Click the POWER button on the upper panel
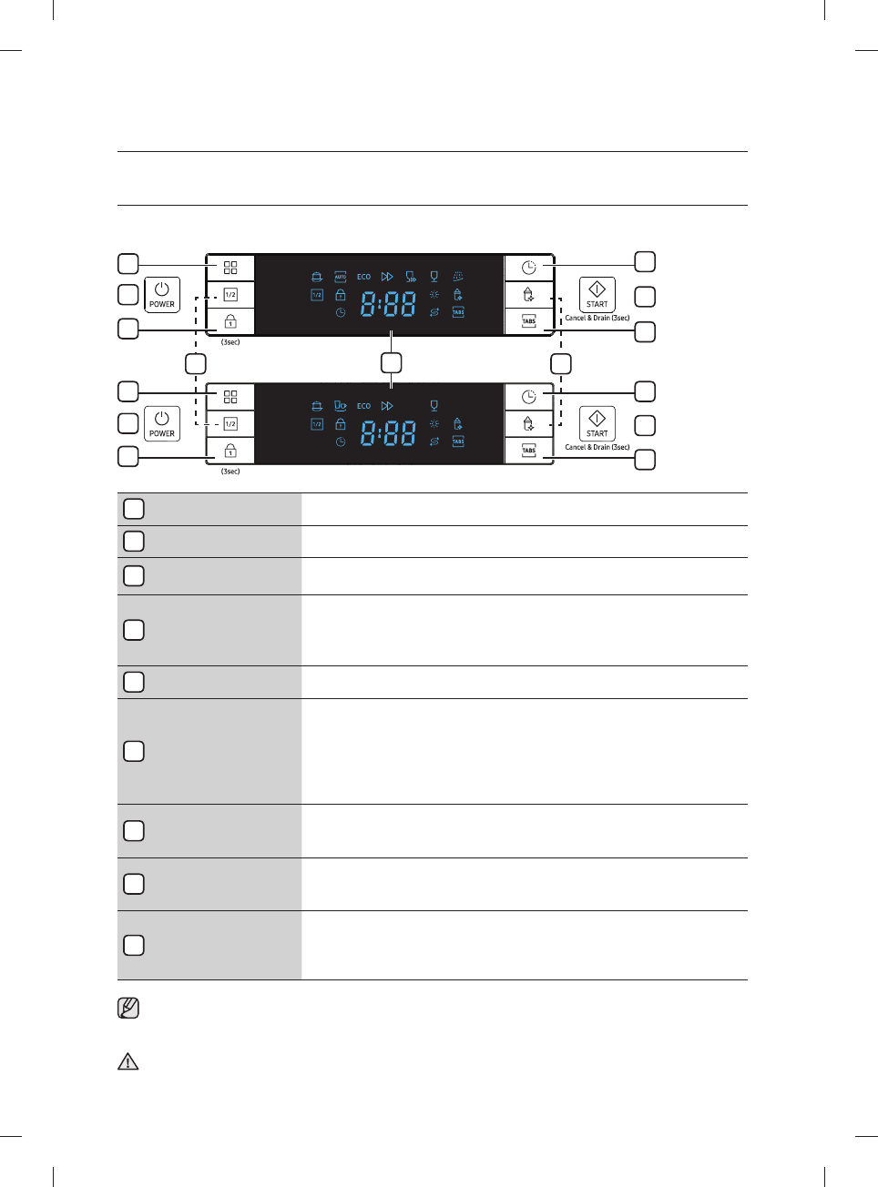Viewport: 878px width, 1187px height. point(162,294)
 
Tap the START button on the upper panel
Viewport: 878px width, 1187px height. point(597,294)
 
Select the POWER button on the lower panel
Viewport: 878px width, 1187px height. point(162,423)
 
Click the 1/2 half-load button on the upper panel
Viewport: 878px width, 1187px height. point(230,295)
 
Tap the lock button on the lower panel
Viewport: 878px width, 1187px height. point(230,451)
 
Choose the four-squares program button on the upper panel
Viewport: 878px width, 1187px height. point(230,268)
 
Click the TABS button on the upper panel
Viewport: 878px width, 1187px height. point(528,321)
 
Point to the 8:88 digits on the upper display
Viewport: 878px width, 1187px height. point(388,304)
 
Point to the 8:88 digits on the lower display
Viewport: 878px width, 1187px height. point(388,433)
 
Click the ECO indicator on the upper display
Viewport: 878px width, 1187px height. point(363,277)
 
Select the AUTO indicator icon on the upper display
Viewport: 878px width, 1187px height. point(340,277)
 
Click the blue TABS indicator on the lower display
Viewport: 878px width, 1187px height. point(458,441)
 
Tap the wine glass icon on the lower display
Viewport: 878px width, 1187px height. point(434,406)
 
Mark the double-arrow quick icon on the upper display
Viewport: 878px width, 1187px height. point(387,277)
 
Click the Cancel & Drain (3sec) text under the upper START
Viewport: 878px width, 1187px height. point(597,318)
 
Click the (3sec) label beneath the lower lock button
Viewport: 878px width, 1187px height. point(230,472)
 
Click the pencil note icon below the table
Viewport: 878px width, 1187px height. point(128,1009)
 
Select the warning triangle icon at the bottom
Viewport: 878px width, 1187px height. point(128,1061)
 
